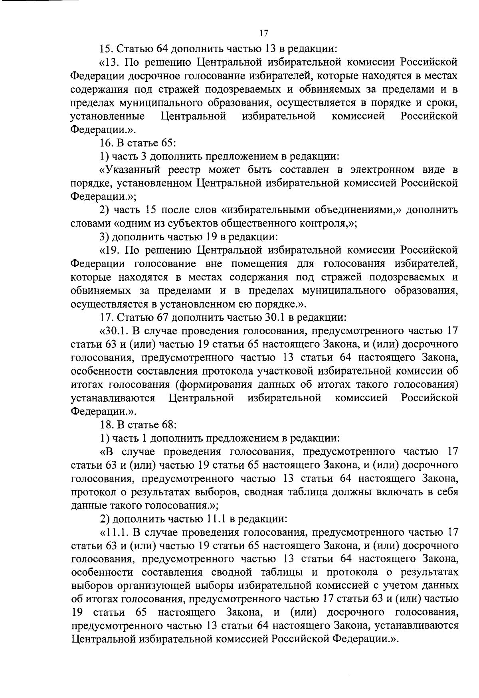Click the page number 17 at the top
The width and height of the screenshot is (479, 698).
(x=263, y=34)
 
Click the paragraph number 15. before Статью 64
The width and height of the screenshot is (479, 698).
(x=107, y=49)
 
